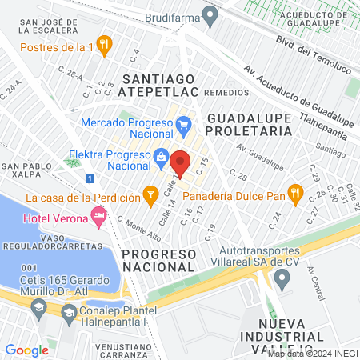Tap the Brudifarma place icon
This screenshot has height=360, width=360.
point(210,14)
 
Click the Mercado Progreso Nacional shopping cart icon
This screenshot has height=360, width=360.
point(183,125)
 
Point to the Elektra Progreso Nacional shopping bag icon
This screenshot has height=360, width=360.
point(162,155)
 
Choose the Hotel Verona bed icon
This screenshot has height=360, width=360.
point(98,214)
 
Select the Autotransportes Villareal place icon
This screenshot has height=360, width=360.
point(281,278)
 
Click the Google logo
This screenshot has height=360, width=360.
point(26,350)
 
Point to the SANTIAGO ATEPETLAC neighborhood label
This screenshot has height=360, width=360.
point(158,86)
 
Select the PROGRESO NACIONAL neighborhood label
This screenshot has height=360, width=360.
point(159,260)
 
